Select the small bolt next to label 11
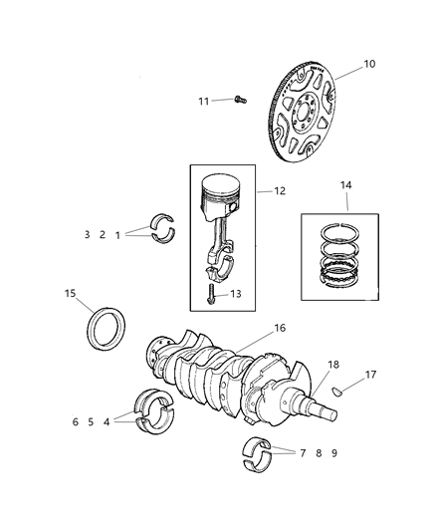[240, 99]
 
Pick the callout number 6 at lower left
[75, 421]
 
